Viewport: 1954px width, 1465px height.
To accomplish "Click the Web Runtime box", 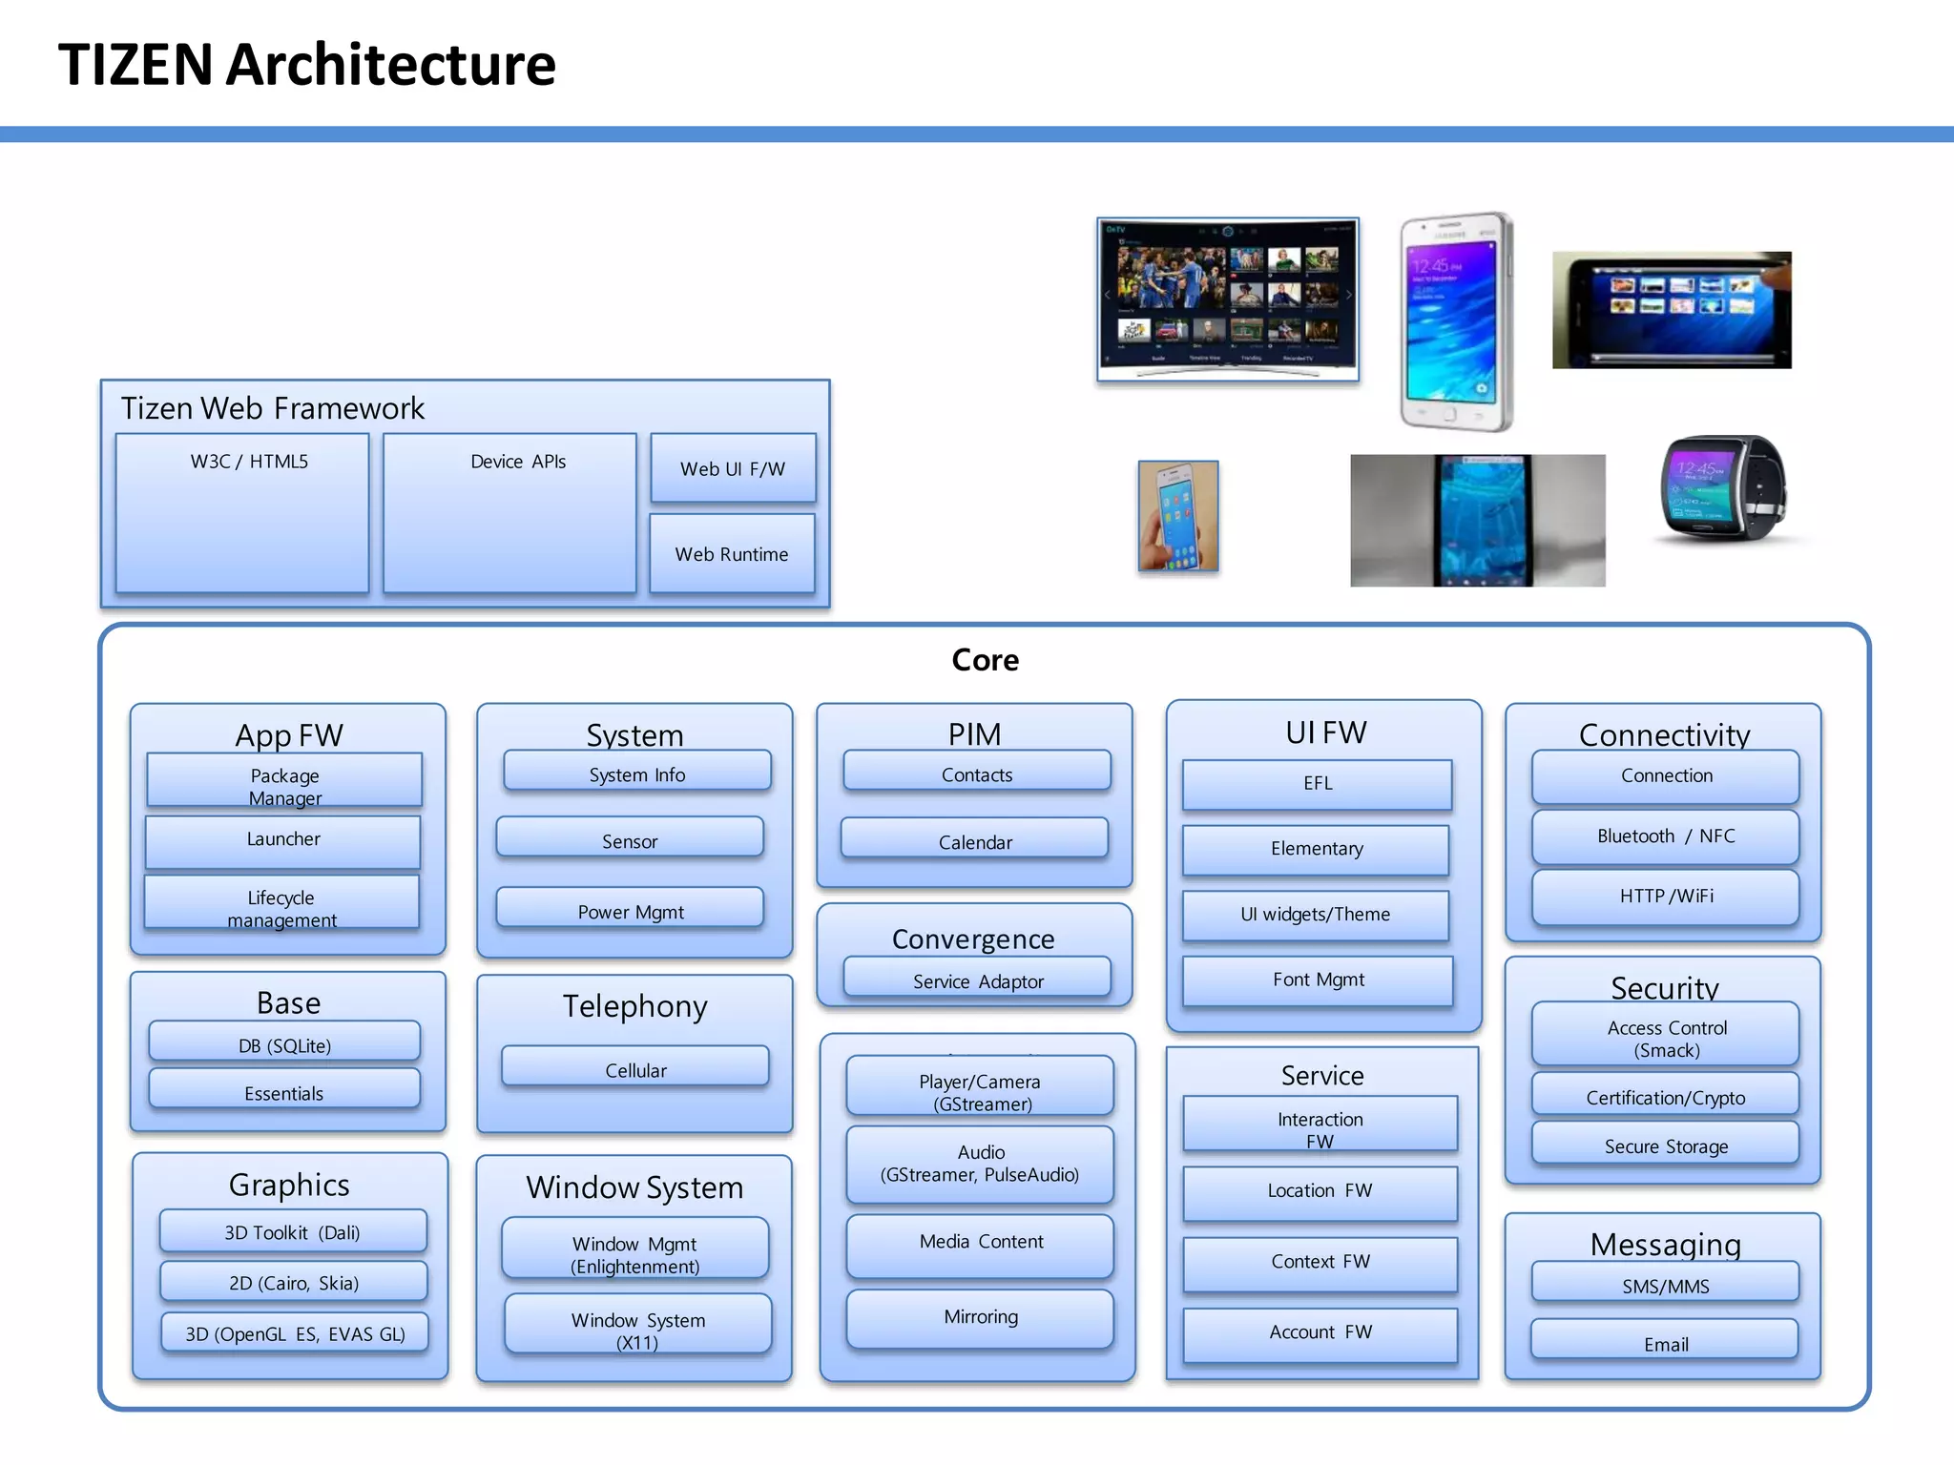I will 732,554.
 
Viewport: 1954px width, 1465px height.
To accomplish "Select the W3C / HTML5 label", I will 249,462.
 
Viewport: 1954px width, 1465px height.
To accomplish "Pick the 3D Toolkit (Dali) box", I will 293,1231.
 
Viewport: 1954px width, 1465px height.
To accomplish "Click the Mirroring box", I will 981,1318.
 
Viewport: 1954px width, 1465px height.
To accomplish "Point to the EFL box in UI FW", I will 1318,784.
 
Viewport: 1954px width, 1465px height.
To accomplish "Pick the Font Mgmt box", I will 1319,980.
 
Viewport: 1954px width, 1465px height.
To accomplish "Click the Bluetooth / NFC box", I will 1666,836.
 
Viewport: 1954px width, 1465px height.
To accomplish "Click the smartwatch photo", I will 1723,489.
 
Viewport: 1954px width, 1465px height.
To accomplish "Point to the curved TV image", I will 1228,299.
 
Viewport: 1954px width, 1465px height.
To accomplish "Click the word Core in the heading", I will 985,660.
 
